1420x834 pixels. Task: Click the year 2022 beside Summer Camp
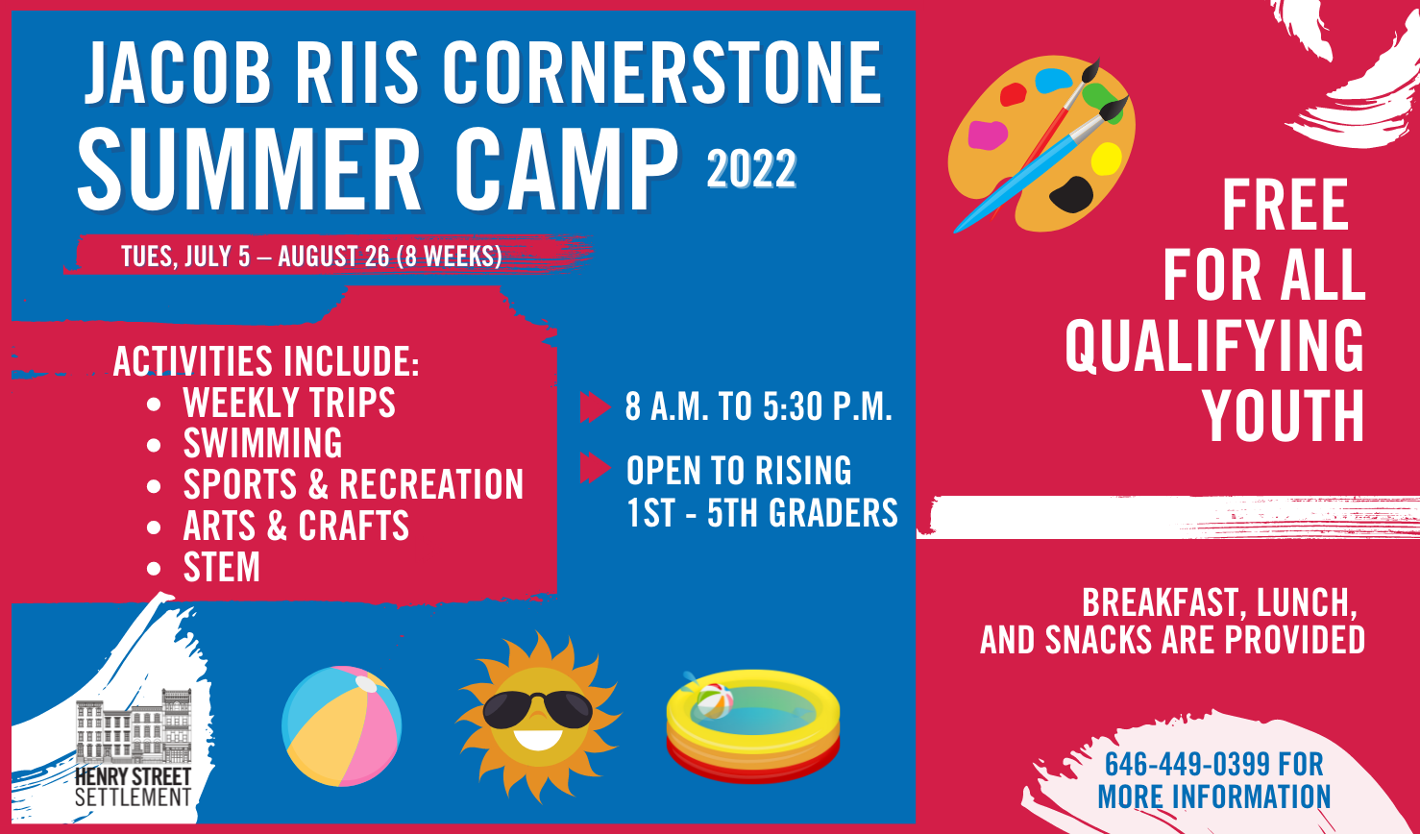[x=751, y=168]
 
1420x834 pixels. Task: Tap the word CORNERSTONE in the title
[x=662, y=73]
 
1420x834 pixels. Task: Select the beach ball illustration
[x=342, y=725]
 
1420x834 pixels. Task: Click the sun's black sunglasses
[x=538, y=709]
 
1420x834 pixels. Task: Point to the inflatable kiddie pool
[x=753, y=726]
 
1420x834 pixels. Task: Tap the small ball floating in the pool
[x=715, y=700]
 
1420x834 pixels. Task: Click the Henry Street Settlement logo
[x=134, y=748]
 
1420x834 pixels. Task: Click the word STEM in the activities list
[x=222, y=567]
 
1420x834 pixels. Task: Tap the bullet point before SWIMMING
[x=154, y=444]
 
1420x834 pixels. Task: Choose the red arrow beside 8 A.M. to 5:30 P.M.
[x=596, y=406]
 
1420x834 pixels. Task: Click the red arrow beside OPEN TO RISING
[x=596, y=468]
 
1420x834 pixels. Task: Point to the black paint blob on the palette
[x=1071, y=194]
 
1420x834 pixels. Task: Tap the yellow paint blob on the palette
[x=1107, y=159]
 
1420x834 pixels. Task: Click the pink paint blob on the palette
[x=988, y=135]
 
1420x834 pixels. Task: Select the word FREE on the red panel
[x=1285, y=205]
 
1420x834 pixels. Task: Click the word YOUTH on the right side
[x=1284, y=416]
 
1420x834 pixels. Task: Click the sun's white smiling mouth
[x=538, y=739]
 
